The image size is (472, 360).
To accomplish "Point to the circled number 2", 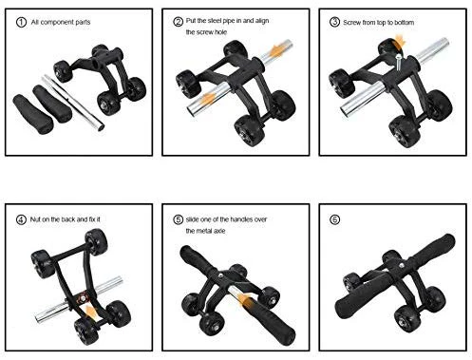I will (x=178, y=20).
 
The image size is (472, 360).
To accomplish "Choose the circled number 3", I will (x=332, y=20).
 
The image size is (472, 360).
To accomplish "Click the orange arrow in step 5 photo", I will (x=244, y=303).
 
